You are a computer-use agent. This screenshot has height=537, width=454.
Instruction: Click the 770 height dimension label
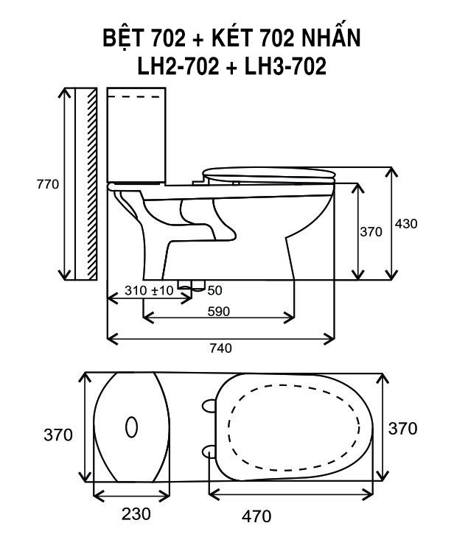pyautogui.click(x=48, y=184)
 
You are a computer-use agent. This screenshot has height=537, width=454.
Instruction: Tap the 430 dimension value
pyautogui.click(x=406, y=224)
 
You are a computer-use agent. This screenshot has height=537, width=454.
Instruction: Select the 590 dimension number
pyautogui.click(x=219, y=312)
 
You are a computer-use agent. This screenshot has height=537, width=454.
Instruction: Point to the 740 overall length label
pyautogui.click(x=220, y=348)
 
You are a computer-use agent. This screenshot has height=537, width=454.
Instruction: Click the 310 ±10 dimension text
pyautogui.click(x=149, y=290)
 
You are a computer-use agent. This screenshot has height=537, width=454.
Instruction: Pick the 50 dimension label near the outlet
pyautogui.click(x=214, y=290)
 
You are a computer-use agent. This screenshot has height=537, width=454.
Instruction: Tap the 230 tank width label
pyautogui.click(x=136, y=513)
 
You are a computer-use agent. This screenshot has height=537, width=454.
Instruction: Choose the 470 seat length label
pyautogui.click(x=256, y=516)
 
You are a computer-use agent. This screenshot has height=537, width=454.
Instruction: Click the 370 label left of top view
pyautogui.click(x=58, y=435)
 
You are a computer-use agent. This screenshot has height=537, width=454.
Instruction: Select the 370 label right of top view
pyautogui.click(x=402, y=429)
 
